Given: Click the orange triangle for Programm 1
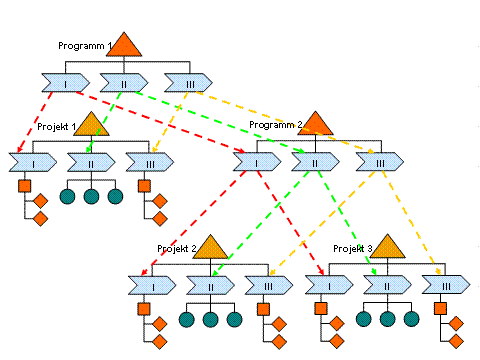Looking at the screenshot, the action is (x=124, y=47).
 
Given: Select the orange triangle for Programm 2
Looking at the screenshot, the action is (x=315, y=125).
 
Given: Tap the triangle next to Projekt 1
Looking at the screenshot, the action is (x=91, y=126).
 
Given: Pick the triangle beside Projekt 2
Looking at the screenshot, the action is (x=210, y=249).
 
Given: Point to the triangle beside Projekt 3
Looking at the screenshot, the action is (x=387, y=248).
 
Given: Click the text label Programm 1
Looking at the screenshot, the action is (x=85, y=46).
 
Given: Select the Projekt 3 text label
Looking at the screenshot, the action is (x=353, y=249).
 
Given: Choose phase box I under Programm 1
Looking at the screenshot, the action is (x=66, y=83).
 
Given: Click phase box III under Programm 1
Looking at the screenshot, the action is (x=188, y=83).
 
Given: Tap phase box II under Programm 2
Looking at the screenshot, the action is (x=315, y=162).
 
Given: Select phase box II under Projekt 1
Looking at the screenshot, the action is (x=91, y=163).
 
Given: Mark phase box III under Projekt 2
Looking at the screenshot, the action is (x=269, y=285).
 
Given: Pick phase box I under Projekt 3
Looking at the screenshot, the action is (x=329, y=285).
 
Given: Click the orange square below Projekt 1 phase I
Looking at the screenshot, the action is (x=24, y=186).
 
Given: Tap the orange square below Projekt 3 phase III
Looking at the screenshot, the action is (x=440, y=308).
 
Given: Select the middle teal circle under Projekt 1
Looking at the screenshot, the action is (x=91, y=196).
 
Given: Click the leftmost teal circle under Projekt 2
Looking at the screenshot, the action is (x=187, y=319).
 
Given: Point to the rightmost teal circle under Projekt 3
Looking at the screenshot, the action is (x=411, y=319).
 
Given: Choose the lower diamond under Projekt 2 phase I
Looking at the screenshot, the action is (x=160, y=341).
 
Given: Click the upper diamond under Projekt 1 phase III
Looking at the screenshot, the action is (x=160, y=201).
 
